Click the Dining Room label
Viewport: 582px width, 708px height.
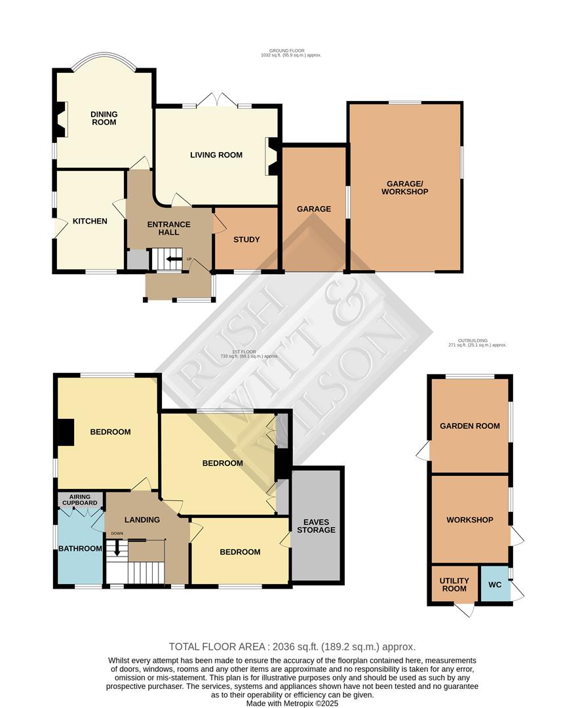click(x=104, y=118)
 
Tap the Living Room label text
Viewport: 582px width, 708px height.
click(x=216, y=155)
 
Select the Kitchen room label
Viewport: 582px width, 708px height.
click(x=90, y=221)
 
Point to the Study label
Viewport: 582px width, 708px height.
click(x=246, y=239)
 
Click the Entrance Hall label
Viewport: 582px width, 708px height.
click(x=168, y=229)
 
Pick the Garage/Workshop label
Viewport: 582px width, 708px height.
click(x=407, y=187)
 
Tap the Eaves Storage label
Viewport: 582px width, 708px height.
click(x=316, y=525)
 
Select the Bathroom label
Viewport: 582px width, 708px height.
click(x=80, y=549)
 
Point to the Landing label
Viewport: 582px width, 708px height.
click(x=142, y=520)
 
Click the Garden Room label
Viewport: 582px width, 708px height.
click(x=469, y=426)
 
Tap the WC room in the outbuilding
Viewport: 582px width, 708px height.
click(x=495, y=584)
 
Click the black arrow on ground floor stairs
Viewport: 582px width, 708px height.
click(x=174, y=259)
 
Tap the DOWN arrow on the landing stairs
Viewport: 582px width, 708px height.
click(x=117, y=548)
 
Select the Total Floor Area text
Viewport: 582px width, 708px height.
click(x=292, y=647)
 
